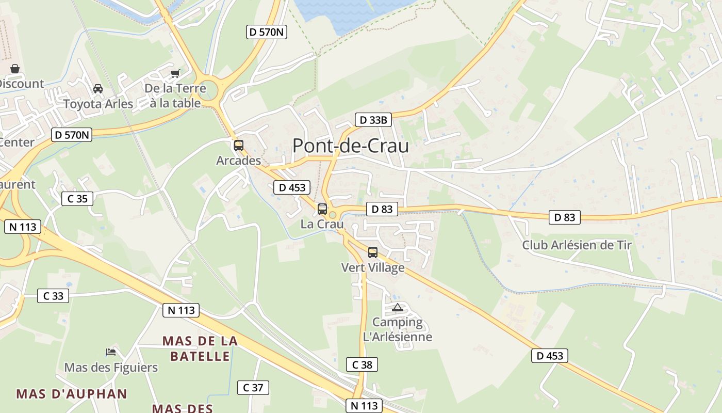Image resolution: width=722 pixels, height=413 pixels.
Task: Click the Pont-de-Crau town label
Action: [x=351, y=146]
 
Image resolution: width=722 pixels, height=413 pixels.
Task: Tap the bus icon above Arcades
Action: [x=238, y=146]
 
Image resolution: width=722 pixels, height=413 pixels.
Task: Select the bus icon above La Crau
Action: [x=322, y=209]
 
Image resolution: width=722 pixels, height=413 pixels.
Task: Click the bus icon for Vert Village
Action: [x=372, y=252]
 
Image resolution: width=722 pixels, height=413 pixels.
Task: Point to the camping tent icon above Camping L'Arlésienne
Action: [x=397, y=308]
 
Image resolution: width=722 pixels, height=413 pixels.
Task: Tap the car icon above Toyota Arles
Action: [x=98, y=89]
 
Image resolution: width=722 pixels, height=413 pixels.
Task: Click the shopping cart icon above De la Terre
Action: [x=175, y=73]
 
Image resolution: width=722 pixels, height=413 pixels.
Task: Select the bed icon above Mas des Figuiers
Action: [x=111, y=352]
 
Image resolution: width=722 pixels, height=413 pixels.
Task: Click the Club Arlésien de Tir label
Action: [x=577, y=245]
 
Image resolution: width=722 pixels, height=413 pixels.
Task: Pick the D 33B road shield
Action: [x=373, y=120]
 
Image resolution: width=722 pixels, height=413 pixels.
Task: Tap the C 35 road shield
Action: [x=77, y=199]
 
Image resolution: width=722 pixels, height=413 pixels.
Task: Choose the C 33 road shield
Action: [x=53, y=296]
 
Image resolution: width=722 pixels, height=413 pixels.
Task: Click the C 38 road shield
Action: [x=362, y=364]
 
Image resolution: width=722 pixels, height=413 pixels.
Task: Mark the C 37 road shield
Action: [x=253, y=388]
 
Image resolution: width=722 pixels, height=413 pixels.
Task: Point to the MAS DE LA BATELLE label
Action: [x=200, y=348]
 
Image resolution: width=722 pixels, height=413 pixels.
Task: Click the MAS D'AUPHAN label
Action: [x=72, y=394]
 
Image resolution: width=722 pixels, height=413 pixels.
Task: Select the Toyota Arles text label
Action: [x=98, y=104]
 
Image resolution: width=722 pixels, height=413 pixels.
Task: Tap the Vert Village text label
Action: [x=373, y=267]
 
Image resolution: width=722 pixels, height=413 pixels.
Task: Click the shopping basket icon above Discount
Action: [x=15, y=69]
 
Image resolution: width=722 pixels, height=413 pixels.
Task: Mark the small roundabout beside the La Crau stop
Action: [x=333, y=215]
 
